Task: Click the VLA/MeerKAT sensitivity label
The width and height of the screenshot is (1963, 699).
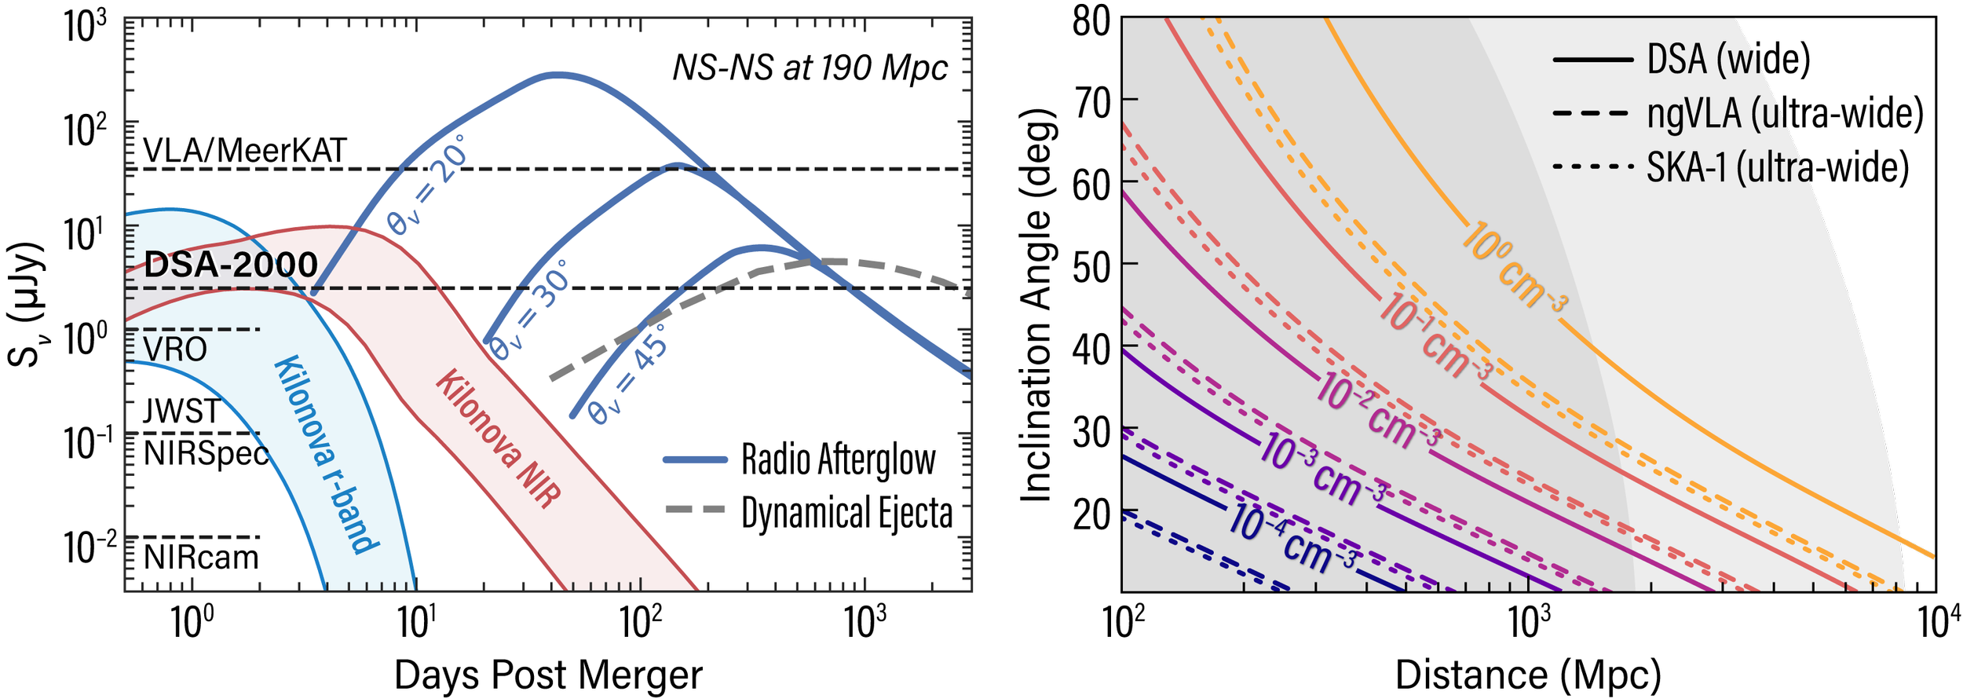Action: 244,151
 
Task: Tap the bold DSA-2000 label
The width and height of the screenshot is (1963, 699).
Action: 231,265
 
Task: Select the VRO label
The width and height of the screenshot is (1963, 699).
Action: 175,349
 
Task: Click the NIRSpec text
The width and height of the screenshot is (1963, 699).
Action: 206,453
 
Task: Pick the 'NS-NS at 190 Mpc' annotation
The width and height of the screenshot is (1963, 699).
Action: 810,68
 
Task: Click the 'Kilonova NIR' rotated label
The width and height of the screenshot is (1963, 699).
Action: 499,439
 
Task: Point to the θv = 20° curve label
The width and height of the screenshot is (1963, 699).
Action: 428,185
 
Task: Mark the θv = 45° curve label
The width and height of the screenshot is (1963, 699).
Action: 628,375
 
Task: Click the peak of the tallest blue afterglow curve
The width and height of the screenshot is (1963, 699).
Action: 557,75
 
